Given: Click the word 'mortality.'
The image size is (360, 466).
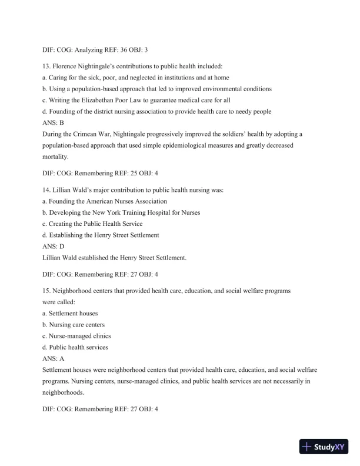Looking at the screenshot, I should tap(56, 157).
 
